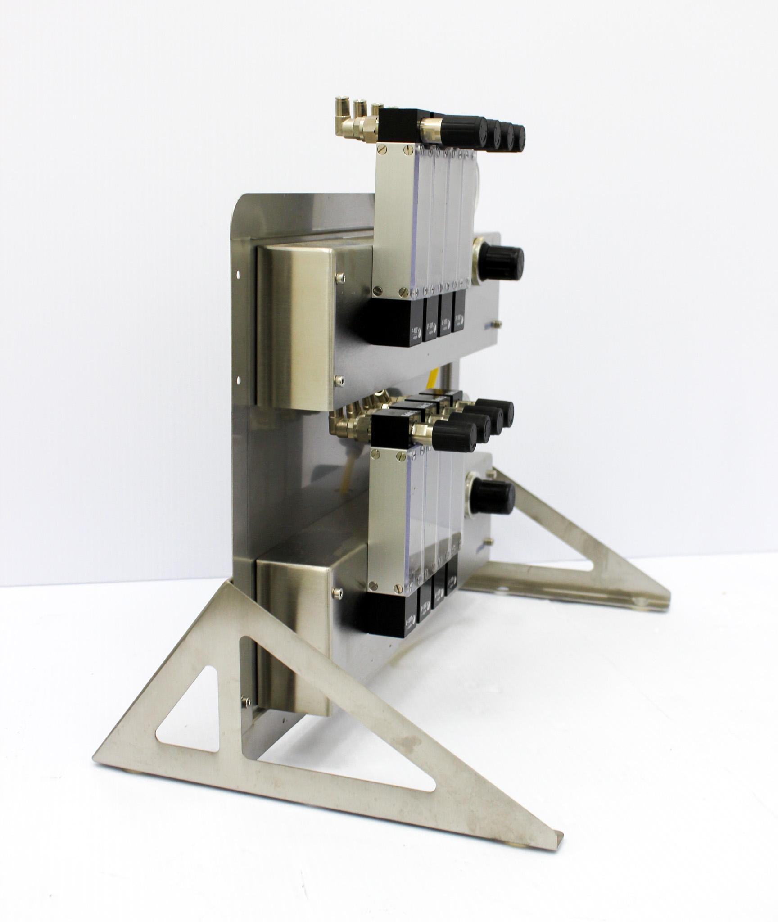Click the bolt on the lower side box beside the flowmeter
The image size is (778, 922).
pyautogui.click(x=337, y=592)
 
